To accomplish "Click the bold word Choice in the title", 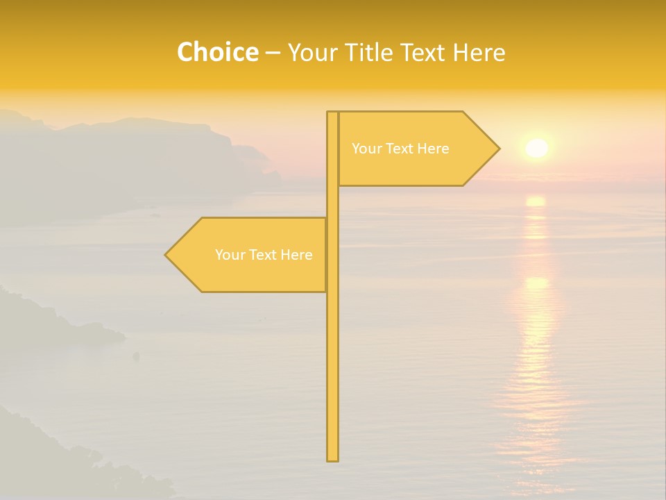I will click(217, 53).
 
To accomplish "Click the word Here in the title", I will click(479, 53).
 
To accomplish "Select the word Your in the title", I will click(311, 53).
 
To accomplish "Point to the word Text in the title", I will click(423, 53).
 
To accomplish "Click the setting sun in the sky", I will click(536, 148).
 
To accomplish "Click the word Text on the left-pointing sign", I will click(264, 255).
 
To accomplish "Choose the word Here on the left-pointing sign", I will click(296, 255).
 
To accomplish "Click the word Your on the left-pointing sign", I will click(229, 255).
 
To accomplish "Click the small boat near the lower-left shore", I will click(136, 356).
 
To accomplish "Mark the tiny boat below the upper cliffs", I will click(154, 215).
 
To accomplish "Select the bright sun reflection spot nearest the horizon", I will click(536, 201).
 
